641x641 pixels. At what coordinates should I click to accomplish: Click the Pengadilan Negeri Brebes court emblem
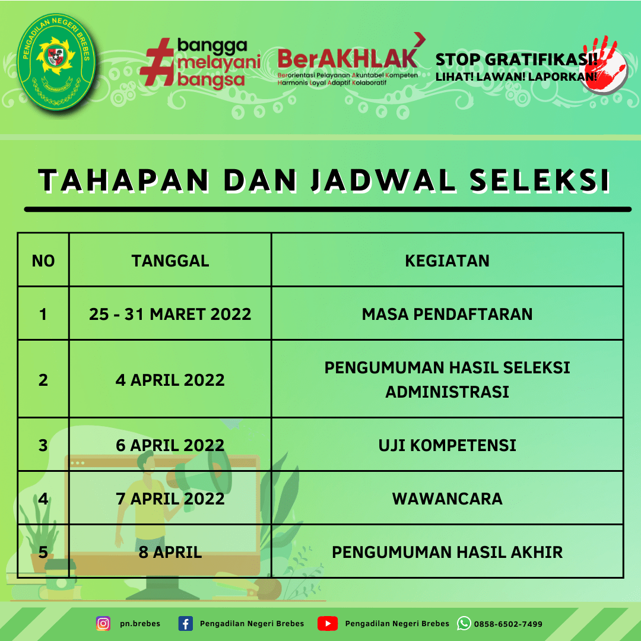coord(56,61)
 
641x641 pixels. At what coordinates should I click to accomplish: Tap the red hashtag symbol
coord(157,62)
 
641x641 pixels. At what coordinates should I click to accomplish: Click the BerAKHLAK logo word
coord(347,58)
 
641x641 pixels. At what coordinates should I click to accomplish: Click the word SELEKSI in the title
coord(540,180)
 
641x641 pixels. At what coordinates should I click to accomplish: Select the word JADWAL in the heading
coord(383,180)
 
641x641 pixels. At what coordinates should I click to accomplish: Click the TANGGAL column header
coord(170,261)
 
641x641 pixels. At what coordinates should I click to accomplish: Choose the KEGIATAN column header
coord(448,261)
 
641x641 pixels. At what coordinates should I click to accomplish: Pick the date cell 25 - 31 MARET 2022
coord(170,314)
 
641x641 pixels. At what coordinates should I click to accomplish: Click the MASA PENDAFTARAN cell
coord(448,314)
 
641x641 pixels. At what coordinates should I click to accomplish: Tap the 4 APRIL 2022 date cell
coord(170,380)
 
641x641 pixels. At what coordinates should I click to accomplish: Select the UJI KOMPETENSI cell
coord(448,445)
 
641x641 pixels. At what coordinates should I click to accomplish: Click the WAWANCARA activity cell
coord(448,499)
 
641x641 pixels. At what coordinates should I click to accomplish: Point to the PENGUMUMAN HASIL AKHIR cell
coord(448,552)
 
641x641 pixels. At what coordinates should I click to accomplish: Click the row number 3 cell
coord(43,445)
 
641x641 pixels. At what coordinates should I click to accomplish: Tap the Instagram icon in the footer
coord(103,623)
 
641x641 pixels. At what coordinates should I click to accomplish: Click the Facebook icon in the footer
coord(186,624)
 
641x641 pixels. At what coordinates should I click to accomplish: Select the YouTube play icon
coord(328,623)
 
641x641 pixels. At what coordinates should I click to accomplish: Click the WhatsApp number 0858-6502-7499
coord(508,624)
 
